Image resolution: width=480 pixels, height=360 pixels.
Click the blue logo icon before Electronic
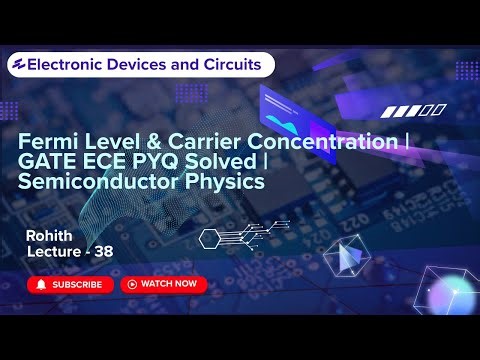(17, 64)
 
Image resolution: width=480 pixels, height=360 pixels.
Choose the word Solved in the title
(227, 162)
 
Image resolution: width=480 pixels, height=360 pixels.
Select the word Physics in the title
(227, 182)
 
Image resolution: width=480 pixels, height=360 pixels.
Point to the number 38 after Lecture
(103, 253)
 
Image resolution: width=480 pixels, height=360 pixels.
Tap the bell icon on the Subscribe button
(41, 284)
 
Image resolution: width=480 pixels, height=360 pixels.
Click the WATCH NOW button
(163, 284)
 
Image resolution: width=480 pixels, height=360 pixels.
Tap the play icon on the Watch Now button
(131, 284)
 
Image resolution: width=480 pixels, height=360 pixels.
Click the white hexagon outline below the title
(209, 238)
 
